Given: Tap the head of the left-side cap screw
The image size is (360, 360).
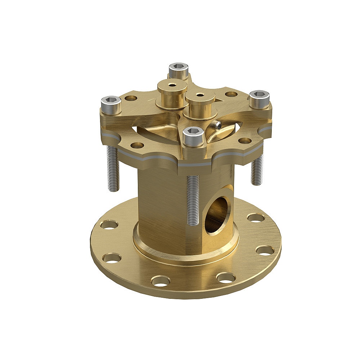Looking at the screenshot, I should coord(111,101).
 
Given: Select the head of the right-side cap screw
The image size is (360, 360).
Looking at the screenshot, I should coord(259,95).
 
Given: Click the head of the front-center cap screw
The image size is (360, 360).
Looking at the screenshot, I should coord(194,132).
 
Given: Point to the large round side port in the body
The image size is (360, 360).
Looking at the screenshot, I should coord(217,215).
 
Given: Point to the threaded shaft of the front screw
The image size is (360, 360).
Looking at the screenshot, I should coord(193,200).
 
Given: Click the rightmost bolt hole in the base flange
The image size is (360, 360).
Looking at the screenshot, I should coord(265,250).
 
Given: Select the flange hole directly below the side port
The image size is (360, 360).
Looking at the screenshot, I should coord(226,277).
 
